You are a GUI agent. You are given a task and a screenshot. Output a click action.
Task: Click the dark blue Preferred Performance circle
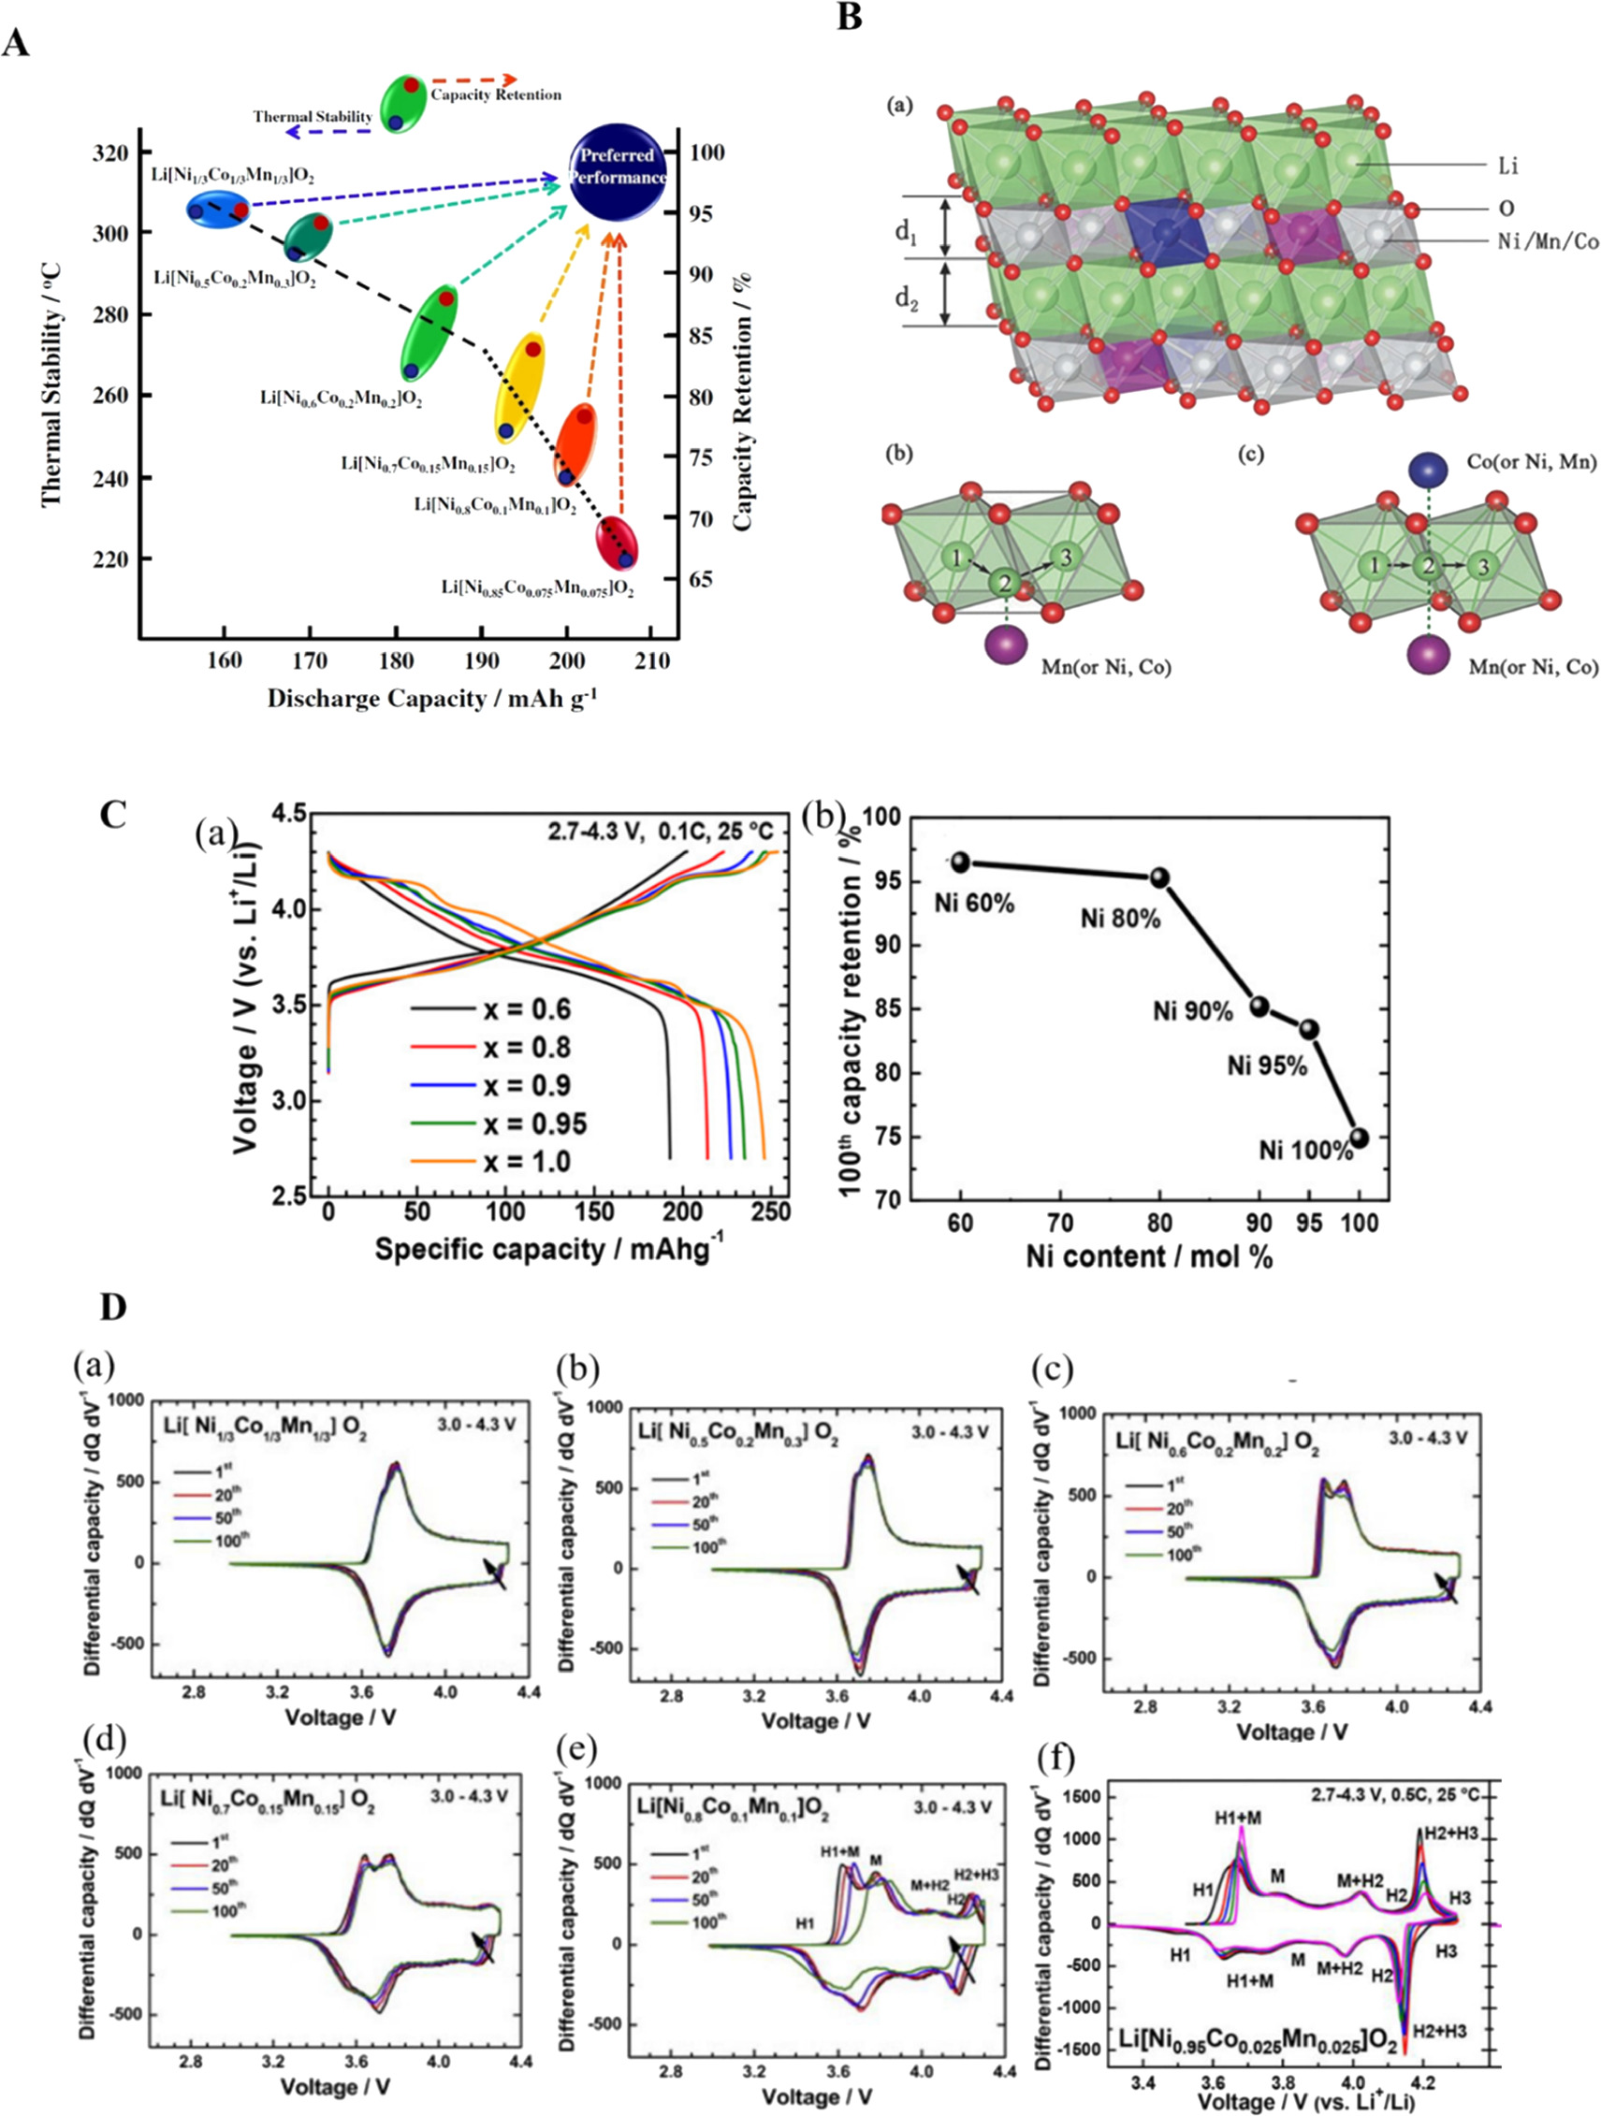click(x=618, y=169)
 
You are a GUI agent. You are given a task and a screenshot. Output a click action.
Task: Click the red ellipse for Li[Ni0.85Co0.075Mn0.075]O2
click(x=619, y=543)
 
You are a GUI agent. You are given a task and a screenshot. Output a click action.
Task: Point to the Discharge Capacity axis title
click(x=431, y=700)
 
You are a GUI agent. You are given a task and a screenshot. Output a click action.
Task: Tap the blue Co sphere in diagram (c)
click(x=1428, y=470)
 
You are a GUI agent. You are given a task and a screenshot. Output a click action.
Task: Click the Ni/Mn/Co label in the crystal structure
click(x=1548, y=242)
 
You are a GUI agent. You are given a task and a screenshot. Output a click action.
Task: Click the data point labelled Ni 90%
click(x=1259, y=1006)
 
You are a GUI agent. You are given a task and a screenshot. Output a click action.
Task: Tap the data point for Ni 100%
click(x=1359, y=1138)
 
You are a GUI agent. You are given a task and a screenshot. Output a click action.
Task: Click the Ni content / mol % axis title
click(x=1148, y=1256)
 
